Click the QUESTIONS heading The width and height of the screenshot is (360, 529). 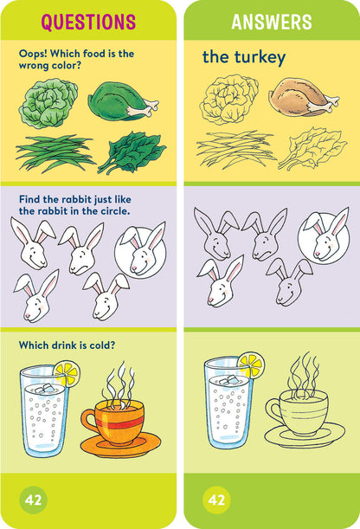88,23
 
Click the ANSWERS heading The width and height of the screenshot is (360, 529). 271,23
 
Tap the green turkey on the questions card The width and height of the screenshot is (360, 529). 123,100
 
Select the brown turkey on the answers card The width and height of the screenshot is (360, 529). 299,97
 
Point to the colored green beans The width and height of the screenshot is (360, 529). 54,152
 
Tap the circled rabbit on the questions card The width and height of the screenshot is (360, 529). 142,246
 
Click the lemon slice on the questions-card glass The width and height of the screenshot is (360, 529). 66,373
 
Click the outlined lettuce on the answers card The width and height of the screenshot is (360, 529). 229,100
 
